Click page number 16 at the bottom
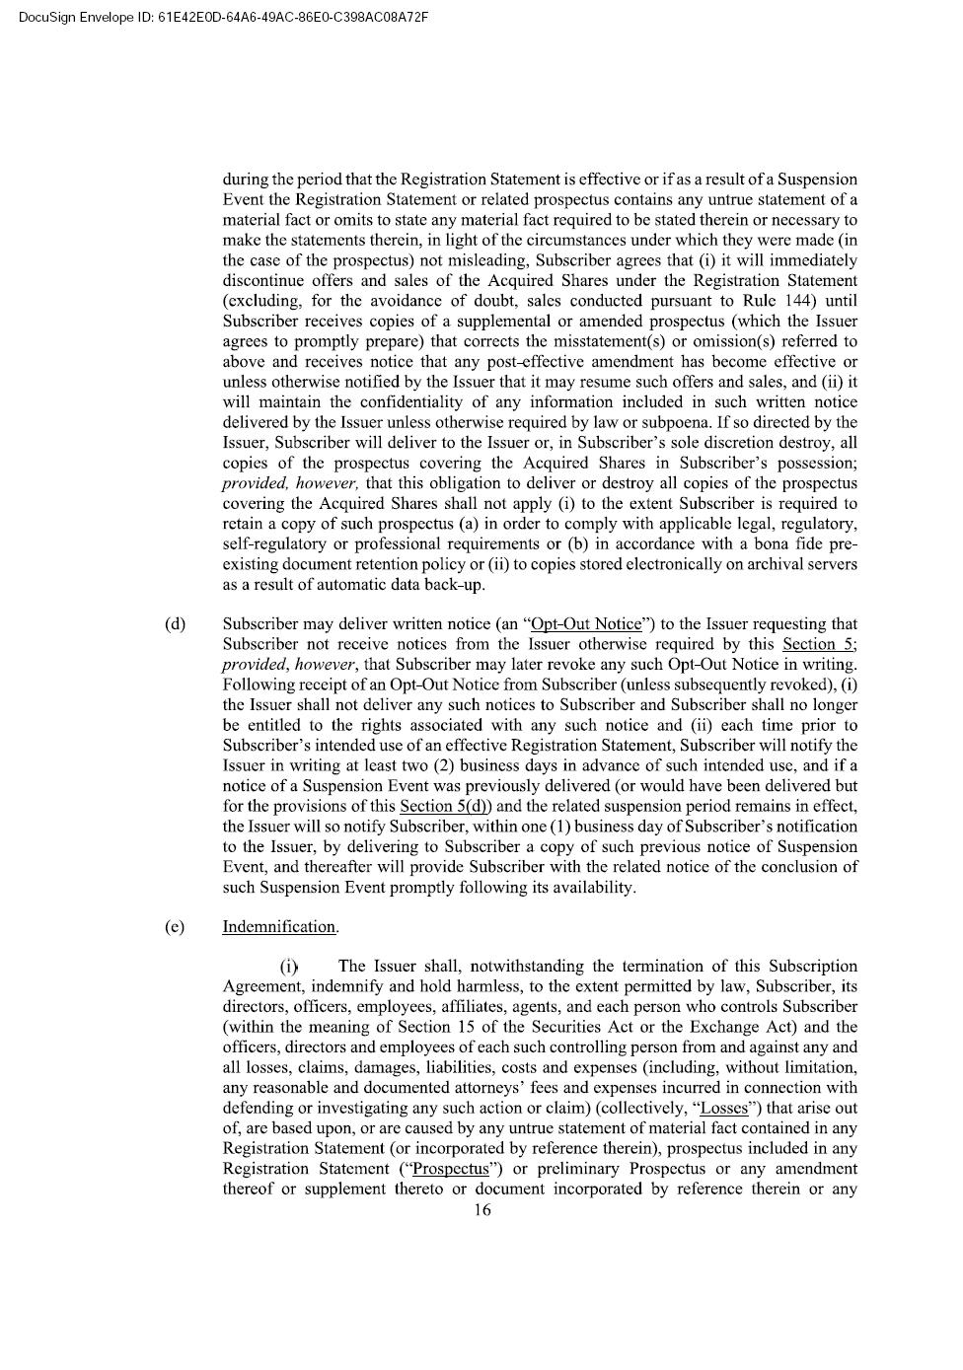tap(481, 1210)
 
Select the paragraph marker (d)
tap(175, 623)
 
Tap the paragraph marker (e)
tap(175, 926)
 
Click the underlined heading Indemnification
tap(280, 926)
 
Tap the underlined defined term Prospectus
tap(450, 1169)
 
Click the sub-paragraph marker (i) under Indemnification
tap(288, 967)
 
